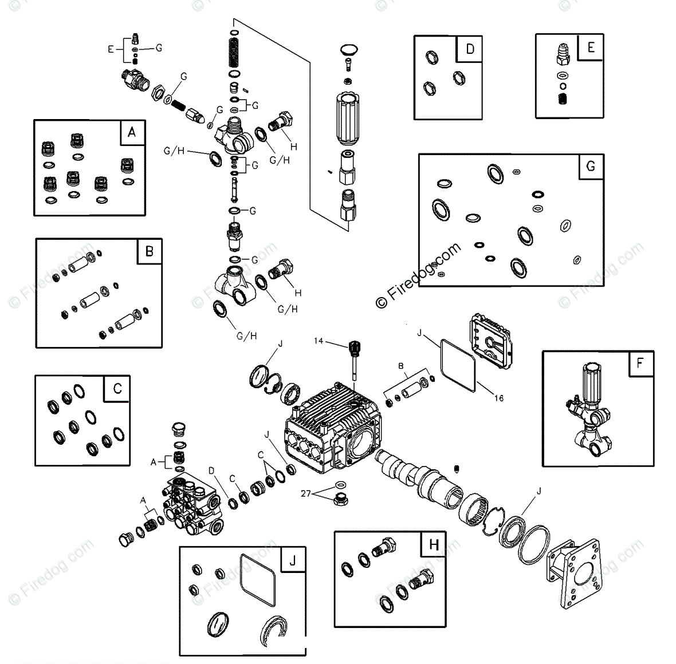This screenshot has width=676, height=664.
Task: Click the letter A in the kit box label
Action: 132,133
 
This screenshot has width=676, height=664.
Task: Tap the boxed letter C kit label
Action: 117,389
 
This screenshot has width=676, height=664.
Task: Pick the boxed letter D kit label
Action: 470,49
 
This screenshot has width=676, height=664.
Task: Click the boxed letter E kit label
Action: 591,47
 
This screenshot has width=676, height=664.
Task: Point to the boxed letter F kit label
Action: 640,363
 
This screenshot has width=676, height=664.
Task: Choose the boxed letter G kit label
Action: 590,166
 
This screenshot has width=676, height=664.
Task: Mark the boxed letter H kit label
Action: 433,544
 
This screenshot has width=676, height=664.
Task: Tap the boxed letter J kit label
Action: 292,560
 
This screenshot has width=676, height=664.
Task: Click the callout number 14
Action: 319,341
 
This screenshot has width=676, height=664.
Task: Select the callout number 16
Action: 498,398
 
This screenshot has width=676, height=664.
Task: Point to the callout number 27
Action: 305,493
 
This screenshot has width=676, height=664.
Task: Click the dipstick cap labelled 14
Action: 353,346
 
